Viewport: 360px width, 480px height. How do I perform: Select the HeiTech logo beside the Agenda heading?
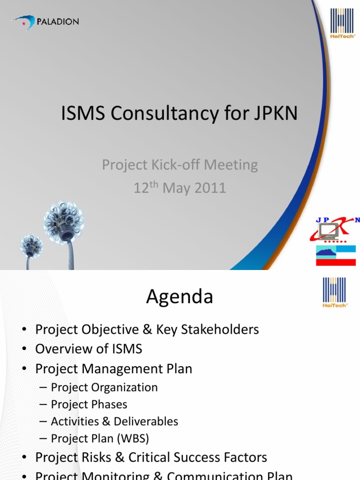click(335, 292)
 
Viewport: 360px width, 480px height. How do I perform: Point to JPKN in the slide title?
click(276, 113)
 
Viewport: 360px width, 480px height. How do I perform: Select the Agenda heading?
click(180, 296)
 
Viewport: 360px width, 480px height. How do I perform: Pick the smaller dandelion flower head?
click(31, 246)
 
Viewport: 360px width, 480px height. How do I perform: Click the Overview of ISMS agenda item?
click(89, 349)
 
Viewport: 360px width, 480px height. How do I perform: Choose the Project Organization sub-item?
click(104, 387)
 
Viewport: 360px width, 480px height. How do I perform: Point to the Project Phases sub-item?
click(89, 404)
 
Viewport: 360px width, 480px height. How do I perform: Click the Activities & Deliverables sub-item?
click(114, 421)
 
